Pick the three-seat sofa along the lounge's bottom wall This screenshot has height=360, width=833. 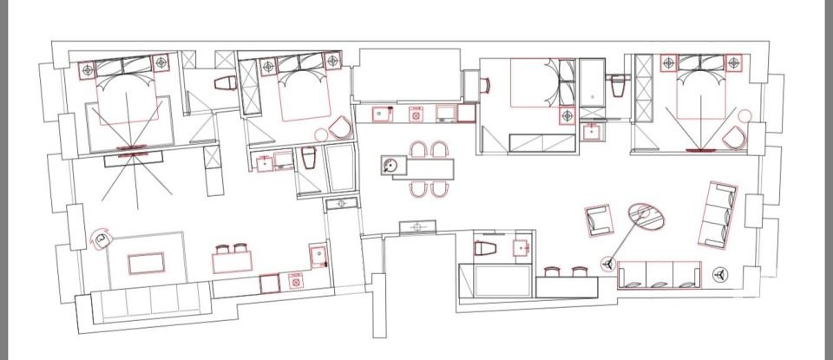pos(659,274)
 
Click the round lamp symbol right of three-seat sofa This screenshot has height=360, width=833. pos(719,273)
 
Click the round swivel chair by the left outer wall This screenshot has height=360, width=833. pos(103,239)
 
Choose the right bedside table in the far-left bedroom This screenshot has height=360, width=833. pos(161,63)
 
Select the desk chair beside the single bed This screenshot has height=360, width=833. pos(484,84)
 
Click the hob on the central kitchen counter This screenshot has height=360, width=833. pos(416,114)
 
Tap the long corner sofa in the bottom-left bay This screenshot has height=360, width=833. pos(143,304)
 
